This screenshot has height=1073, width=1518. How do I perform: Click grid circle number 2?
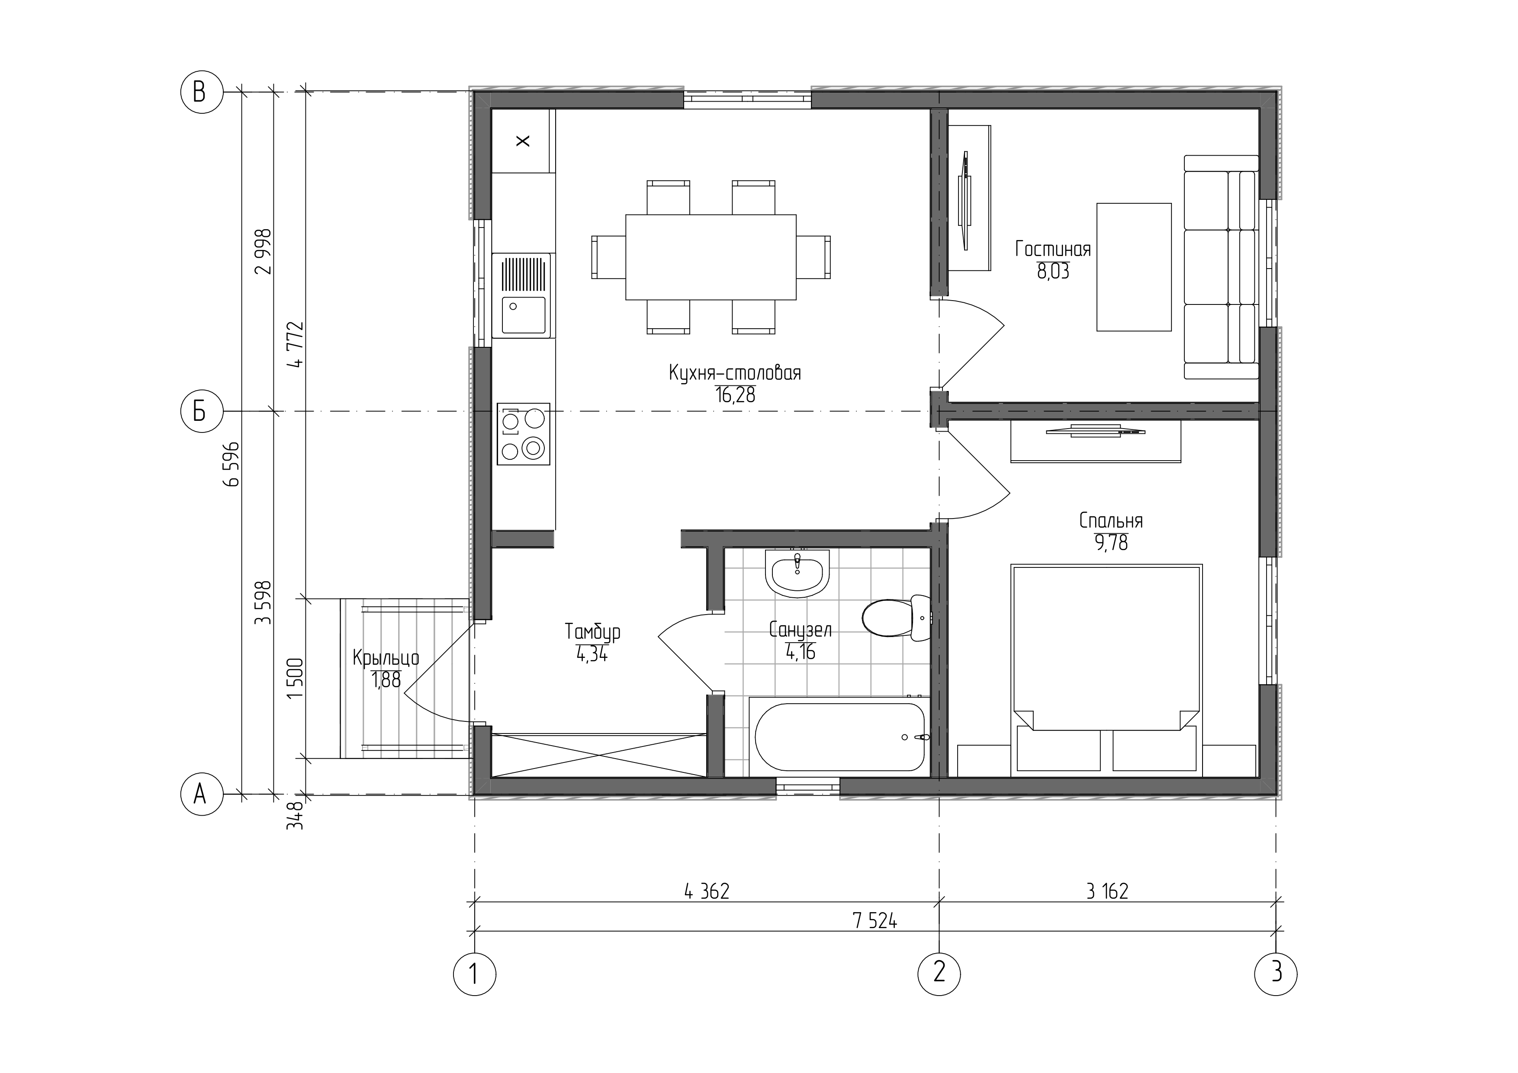[x=939, y=973]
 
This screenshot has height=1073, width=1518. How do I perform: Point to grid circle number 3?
[x=1276, y=973]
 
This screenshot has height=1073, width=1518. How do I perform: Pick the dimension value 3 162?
[x=1107, y=891]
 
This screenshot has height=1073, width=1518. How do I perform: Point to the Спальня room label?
[x=1111, y=521]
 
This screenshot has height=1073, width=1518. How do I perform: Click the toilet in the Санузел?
[x=897, y=618]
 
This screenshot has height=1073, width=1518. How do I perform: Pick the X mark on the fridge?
[x=523, y=141]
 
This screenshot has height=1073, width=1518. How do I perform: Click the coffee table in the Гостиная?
[x=1134, y=267]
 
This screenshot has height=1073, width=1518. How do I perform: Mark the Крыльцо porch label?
[x=386, y=658]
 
